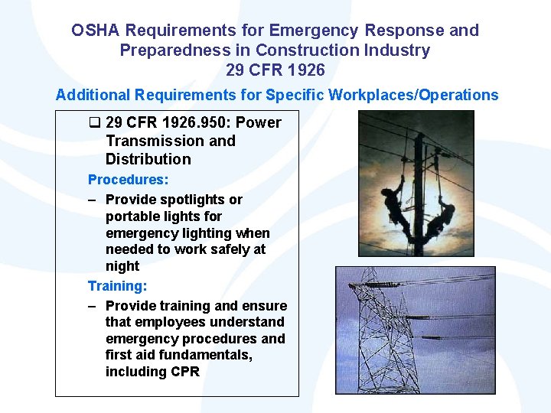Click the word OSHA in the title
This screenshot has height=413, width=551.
click(x=96, y=31)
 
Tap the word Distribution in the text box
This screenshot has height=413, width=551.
click(x=148, y=159)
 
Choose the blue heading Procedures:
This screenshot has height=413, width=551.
click(x=128, y=180)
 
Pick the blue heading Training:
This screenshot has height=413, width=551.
click(x=117, y=286)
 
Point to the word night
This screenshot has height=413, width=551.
click(x=122, y=266)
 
